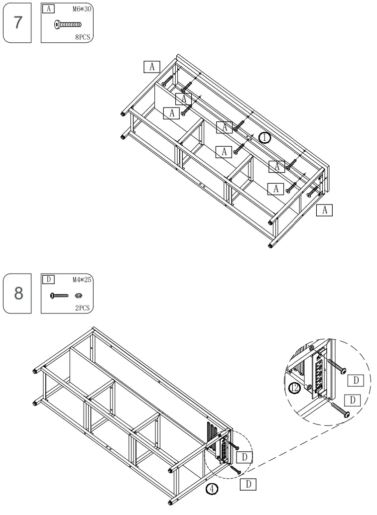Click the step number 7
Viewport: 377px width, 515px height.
point(18,23)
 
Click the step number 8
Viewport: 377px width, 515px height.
point(18,293)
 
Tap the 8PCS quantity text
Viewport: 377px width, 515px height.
point(83,36)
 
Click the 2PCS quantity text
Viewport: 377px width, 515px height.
point(82,308)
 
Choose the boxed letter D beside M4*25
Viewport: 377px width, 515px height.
point(48,280)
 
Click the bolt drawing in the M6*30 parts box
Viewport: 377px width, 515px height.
point(67,24)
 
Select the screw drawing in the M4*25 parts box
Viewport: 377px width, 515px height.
point(59,296)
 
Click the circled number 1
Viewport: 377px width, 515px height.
point(265,137)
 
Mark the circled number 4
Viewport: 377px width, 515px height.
point(212,489)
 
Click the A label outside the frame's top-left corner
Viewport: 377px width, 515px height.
point(151,66)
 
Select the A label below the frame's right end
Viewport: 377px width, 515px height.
point(324,210)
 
